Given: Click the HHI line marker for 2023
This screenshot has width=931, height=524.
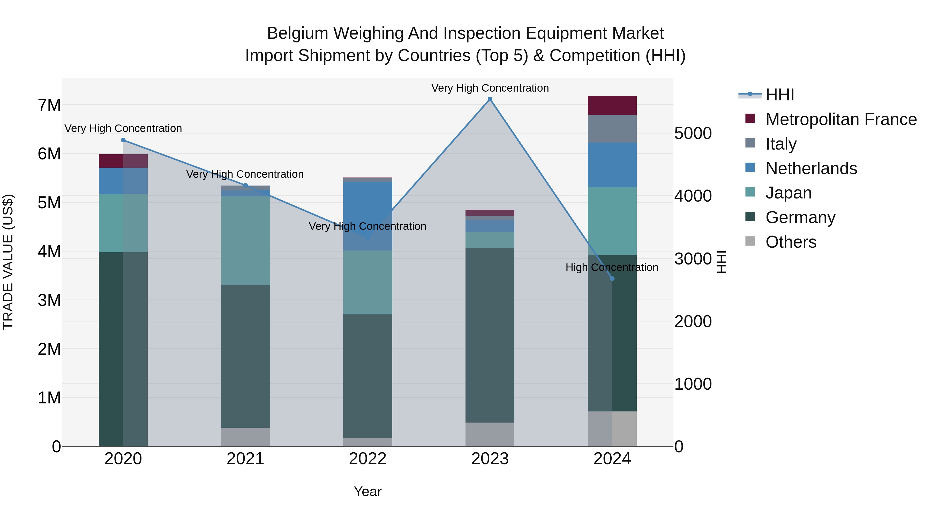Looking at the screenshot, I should coord(490,99).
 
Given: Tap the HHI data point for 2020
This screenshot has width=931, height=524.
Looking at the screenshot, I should coord(123,140).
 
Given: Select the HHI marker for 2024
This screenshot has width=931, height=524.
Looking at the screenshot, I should coord(612,278).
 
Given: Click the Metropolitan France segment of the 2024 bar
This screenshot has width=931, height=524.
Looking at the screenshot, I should coord(612,106).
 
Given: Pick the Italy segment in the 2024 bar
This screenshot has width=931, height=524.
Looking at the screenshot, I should coord(612,129).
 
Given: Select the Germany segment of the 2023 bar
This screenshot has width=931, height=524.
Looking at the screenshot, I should coord(490,335).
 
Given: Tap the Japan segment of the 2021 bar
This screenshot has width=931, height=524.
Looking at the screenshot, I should coord(245,241).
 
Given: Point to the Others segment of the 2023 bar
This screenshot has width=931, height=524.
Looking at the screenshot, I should coord(490,434).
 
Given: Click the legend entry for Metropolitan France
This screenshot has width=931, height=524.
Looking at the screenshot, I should coord(841,119).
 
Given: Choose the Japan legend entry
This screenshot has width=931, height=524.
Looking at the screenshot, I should coord(788,193).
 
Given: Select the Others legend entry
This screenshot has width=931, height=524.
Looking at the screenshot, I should coord(791,242).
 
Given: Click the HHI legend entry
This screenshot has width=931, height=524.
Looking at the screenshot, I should coord(779,95).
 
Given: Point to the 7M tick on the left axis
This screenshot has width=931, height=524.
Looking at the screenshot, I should coord(49,105).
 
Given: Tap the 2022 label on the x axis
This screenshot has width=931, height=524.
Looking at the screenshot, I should coord(367,459).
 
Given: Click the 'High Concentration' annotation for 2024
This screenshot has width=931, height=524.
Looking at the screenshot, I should coord(612,267).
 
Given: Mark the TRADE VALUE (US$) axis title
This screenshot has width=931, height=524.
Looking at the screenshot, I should coord(8,262).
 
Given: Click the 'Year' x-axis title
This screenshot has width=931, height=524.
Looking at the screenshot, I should coord(367,491).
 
